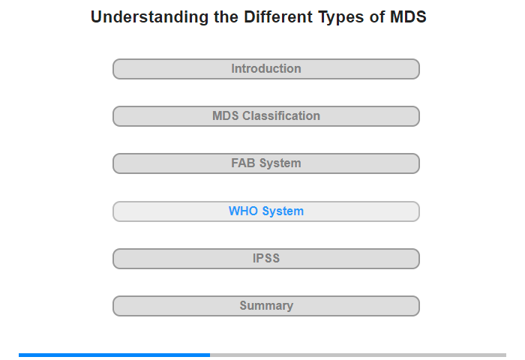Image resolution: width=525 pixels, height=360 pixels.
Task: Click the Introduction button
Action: [x=265, y=69]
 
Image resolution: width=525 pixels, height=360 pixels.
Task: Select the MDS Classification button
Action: [x=265, y=116]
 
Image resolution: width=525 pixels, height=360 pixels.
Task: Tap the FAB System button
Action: [x=265, y=163]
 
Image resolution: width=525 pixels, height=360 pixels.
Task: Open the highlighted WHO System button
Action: [x=265, y=211]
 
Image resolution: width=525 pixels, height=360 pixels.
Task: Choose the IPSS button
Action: [x=265, y=259]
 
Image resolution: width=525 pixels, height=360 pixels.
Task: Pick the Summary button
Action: [x=265, y=306]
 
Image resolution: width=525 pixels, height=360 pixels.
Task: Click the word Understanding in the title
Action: [x=150, y=17]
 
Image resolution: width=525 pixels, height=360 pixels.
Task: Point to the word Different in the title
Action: [x=278, y=16]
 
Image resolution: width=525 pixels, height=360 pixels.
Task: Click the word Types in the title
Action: [x=340, y=17]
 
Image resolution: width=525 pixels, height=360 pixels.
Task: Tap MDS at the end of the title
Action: [x=408, y=16]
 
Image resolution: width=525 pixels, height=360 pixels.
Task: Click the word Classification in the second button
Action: [x=281, y=115]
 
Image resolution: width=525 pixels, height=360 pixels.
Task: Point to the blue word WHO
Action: [x=244, y=211]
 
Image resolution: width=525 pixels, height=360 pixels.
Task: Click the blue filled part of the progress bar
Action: [x=114, y=355]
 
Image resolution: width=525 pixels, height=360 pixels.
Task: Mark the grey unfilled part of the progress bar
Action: [x=358, y=355]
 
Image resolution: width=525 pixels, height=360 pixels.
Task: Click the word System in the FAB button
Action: [x=280, y=163]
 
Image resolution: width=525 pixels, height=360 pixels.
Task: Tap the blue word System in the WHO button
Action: [x=283, y=211]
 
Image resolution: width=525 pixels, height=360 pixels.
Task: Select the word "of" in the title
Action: [x=377, y=16]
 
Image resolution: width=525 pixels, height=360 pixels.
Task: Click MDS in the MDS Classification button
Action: [x=225, y=115]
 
